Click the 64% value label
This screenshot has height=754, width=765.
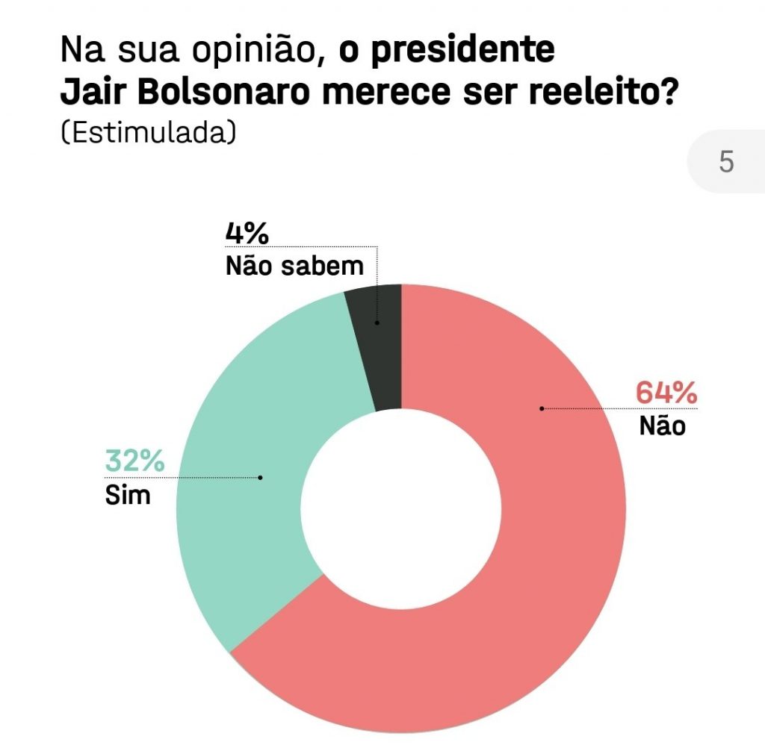tap(666, 393)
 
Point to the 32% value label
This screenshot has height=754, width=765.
tap(134, 461)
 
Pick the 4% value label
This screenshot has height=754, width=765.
tap(247, 234)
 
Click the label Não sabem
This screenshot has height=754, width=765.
tap(294, 266)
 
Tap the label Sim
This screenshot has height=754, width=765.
tap(128, 494)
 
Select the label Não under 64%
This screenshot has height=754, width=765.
tap(662, 426)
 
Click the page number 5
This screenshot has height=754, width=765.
tap(726, 161)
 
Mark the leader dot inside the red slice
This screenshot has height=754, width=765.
tap(542, 408)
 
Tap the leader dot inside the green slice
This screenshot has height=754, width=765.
tap(261, 477)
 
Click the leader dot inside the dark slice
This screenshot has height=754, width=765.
tap(377, 323)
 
